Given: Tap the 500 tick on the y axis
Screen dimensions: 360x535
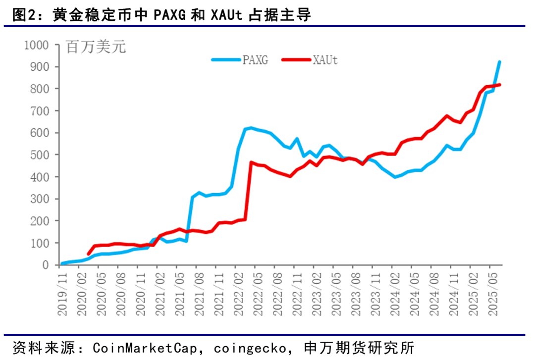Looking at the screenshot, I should click(x=40, y=155).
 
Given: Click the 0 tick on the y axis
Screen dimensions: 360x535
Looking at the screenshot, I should click(x=46, y=265).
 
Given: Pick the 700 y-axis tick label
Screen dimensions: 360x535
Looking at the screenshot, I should click(x=40, y=111).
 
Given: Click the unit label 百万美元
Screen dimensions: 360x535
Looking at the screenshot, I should click(x=96, y=48).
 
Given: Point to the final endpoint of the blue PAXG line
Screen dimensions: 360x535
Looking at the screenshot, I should click(x=499, y=62).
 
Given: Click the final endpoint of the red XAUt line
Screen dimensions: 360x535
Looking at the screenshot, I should click(x=499, y=85).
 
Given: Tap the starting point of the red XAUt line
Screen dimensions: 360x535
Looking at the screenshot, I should click(x=89, y=254).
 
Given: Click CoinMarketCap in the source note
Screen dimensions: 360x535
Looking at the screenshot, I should click(x=140, y=346).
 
